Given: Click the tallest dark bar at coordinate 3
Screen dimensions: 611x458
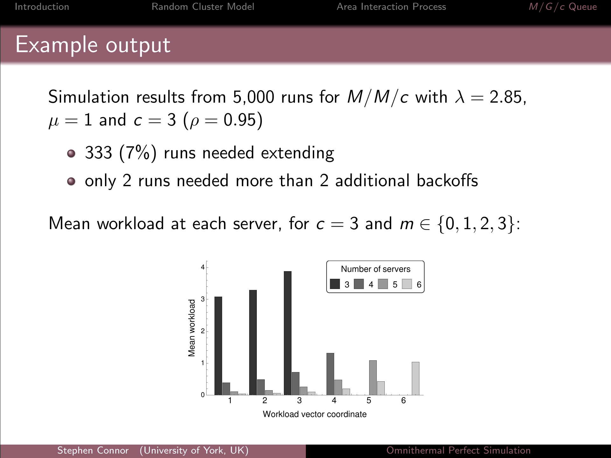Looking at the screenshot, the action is coord(288,333).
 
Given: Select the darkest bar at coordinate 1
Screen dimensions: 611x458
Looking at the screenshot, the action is coord(218,346).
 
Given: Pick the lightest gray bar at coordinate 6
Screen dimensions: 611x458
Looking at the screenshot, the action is coord(416,378).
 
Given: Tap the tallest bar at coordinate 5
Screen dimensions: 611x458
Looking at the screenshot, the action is coord(373,377).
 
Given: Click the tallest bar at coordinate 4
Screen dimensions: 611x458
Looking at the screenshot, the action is coord(330,374).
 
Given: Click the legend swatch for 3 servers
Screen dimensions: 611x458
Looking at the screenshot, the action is coord(335,284).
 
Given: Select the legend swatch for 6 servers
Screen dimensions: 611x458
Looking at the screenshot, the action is coord(407,284).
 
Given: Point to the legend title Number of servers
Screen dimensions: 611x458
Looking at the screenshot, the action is coord(376,269).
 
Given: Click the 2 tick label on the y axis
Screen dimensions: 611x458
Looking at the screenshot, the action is coord(203,331).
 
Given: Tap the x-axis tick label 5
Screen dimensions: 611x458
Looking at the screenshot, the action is coord(369,400).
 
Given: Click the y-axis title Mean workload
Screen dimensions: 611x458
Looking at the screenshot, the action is coord(192,328).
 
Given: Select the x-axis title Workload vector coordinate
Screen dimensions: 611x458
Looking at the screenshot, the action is coord(315,414).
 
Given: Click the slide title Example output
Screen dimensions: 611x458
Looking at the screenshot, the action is coord(93,45).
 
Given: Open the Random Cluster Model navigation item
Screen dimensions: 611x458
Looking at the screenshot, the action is coord(203,7).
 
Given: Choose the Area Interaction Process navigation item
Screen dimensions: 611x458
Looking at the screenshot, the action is coord(391,7).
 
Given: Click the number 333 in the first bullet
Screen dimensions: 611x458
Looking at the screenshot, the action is coord(99,153).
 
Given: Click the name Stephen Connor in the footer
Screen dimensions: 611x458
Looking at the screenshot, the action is coord(93,450).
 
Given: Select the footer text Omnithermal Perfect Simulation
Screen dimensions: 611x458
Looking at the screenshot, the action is coord(459,450).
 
